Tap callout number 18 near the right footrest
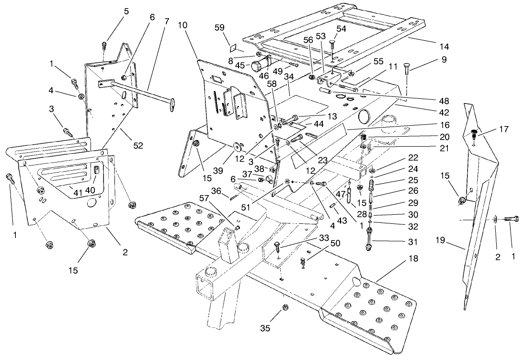pyautogui.click(x=413, y=259)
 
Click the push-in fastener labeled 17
pyautogui.click(x=474, y=132)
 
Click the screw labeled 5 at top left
pyautogui.click(x=103, y=46)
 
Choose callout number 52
pyautogui.click(x=138, y=146)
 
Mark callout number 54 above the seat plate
pyautogui.click(x=341, y=29)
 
